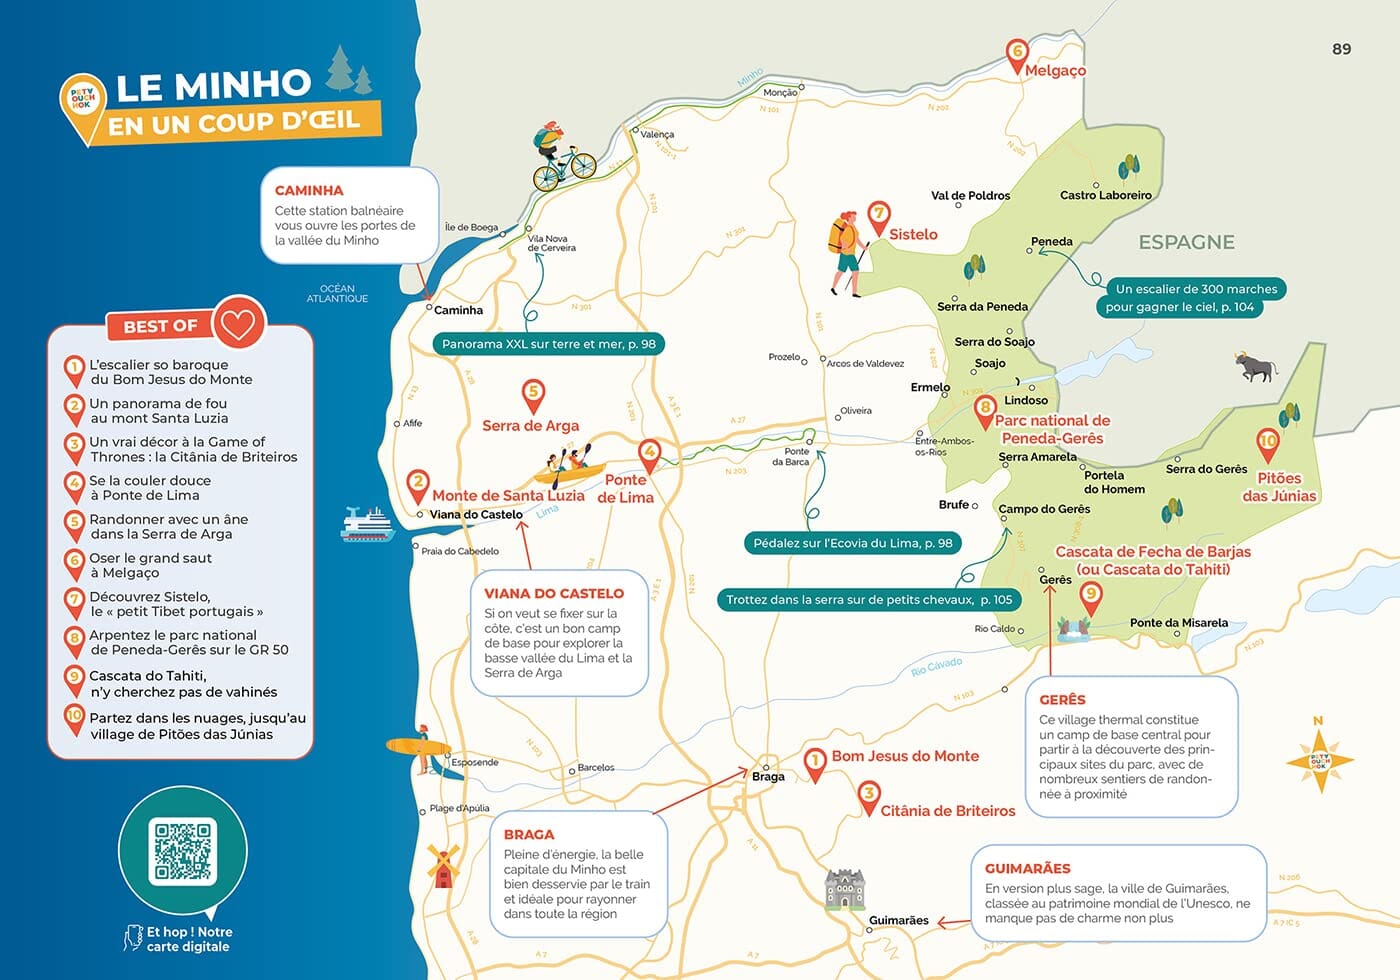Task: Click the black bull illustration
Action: pos(1257,367)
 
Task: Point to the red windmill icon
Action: pos(442,866)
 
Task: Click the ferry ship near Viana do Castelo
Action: pos(367,524)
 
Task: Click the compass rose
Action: pos(1319,759)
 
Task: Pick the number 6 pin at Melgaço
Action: pos(1016,55)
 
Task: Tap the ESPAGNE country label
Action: pos(1186,242)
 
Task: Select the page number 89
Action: pos(1341,48)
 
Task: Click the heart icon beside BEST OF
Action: pos(238,323)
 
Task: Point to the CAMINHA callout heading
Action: pos(309,190)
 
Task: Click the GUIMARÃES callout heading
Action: pos(1027,868)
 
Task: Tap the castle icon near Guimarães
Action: pos(845,888)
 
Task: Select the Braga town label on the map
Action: pos(768,776)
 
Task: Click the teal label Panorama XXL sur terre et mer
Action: pos(548,344)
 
